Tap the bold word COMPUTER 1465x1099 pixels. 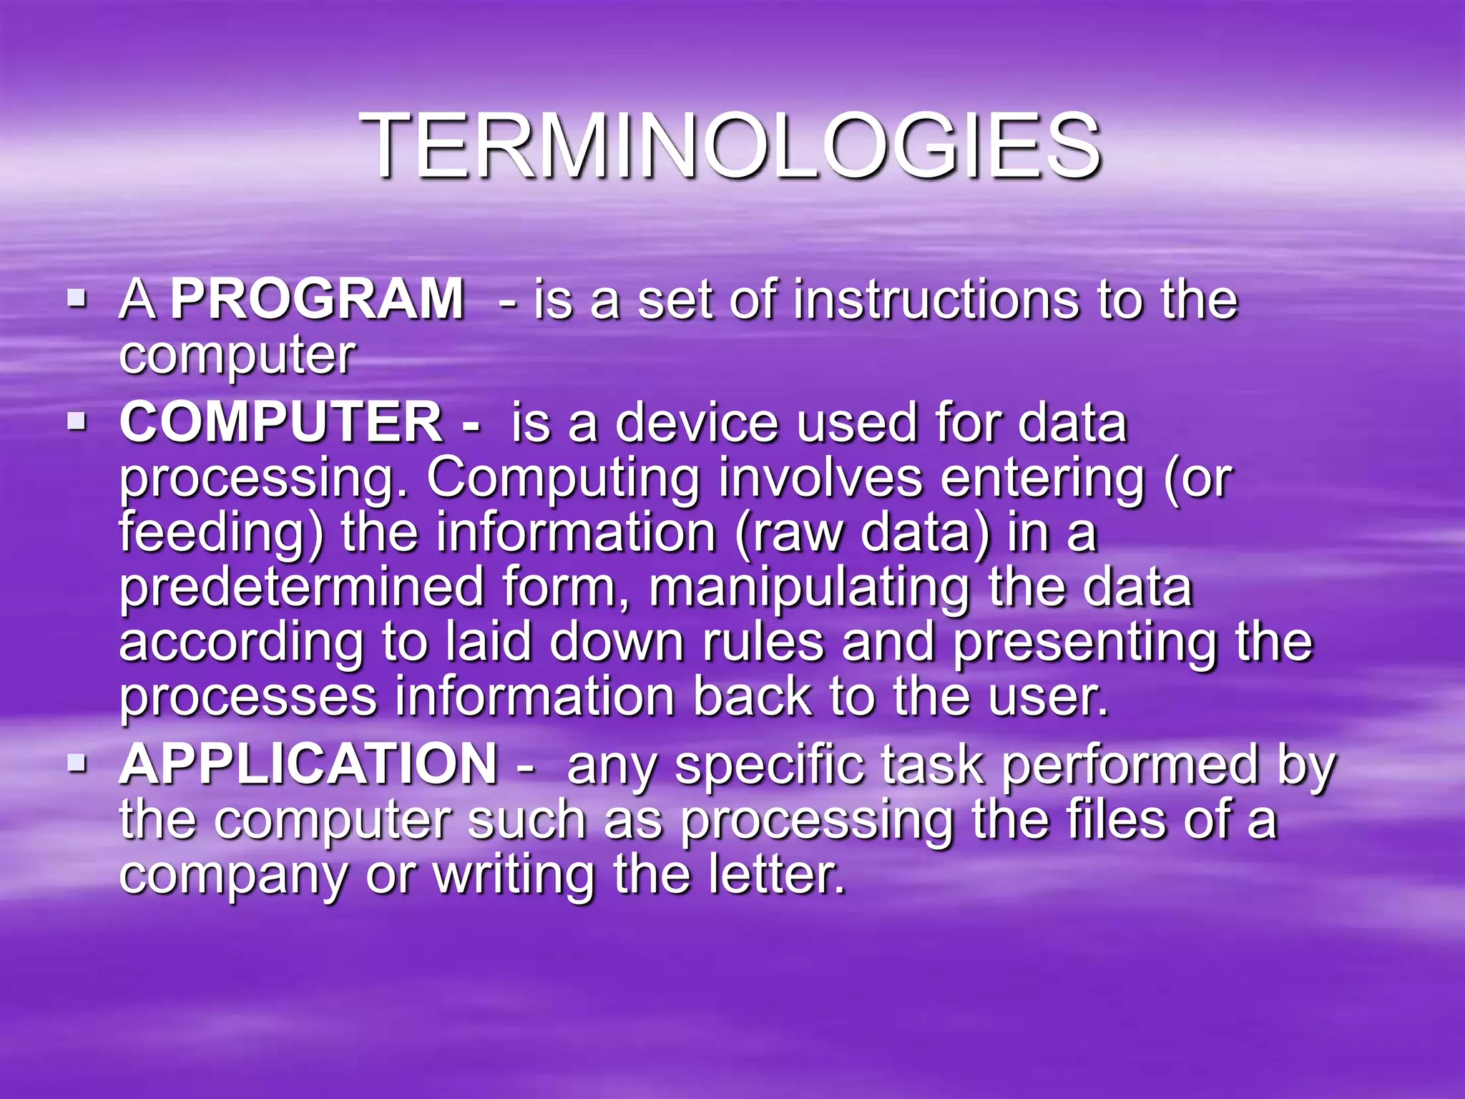coord(281,423)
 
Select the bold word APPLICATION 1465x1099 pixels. coord(308,764)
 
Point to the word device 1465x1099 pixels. coord(697,423)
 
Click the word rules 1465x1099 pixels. coord(763,642)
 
